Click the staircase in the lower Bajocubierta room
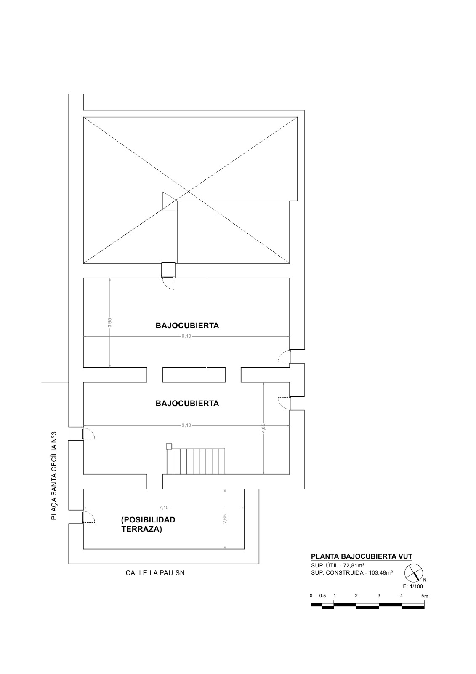click(195, 461)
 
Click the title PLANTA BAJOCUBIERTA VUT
click(362, 556)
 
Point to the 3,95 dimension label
click(110, 322)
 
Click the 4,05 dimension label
click(263, 428)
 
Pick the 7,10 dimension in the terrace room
click(164, 508)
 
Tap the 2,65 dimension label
click(225, 519)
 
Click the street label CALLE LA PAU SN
click(155, 573)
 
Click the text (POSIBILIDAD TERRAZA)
click(148, 524)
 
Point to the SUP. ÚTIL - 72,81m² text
click(338, 565)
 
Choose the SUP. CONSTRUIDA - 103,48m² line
click(352, 572)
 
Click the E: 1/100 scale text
click(412, 586)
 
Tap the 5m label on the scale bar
click(425, 596)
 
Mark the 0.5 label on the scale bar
click(322, 596)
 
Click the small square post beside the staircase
click(169, 447)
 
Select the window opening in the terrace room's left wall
click(75, 516)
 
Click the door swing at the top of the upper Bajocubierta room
click(168, 284)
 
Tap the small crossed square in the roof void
click(171, 201)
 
